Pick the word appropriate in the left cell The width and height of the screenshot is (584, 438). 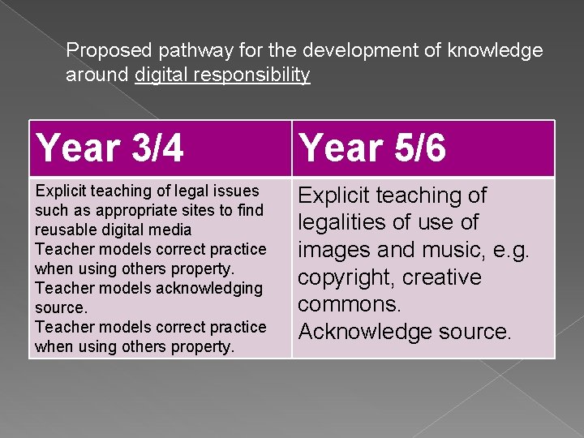tap(127, 210)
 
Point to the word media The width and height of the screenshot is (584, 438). tap(172, 230)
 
